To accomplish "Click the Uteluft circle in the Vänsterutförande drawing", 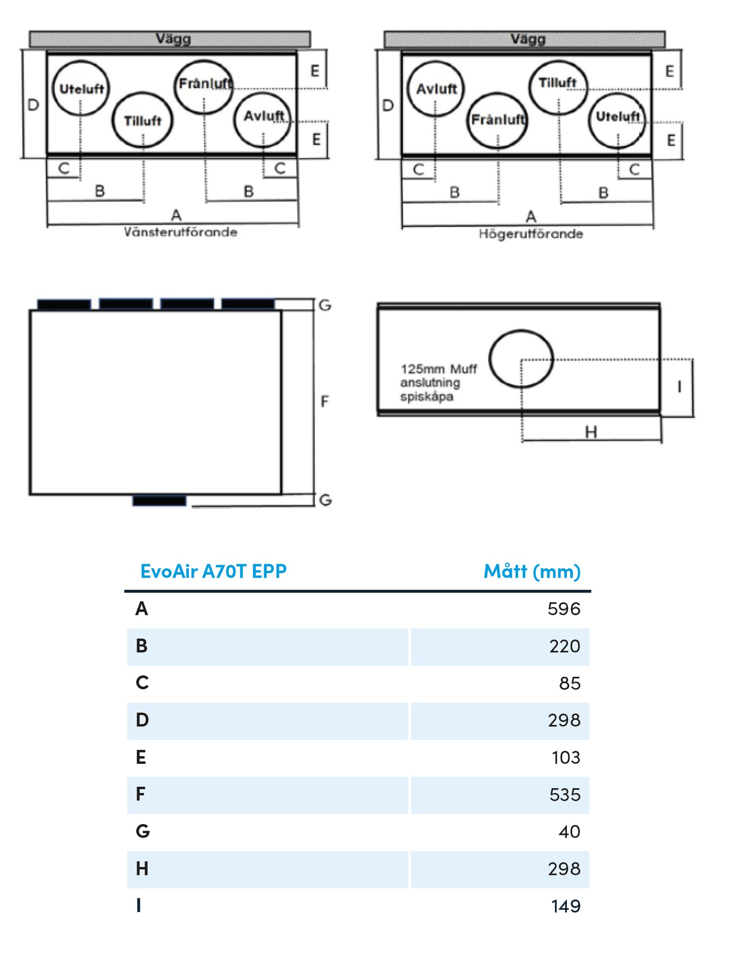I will (81, 89).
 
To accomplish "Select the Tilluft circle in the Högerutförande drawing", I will (558, 88).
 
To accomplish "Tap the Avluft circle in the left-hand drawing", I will (263, 121).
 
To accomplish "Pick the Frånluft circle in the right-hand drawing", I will (497, 120).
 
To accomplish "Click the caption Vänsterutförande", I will (180, 232).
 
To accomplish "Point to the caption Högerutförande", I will (531, 234).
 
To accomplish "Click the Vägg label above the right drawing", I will (527, 39).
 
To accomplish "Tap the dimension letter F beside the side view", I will (324, 401).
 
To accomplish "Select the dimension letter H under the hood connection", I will (591, 432).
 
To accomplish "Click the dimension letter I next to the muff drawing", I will (679, 387).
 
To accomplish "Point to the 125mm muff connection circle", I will (521, 359).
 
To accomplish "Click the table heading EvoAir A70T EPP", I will (213, 571).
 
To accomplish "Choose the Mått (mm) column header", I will (532, 571).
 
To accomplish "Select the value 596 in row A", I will (564, 609).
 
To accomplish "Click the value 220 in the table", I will (564, 646).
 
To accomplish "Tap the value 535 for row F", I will (565, 795).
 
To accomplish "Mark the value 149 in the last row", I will (566, 906).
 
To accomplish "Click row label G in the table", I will (143, 832).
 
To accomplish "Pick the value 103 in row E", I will (566, 757).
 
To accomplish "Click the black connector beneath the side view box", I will (159, 501).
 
